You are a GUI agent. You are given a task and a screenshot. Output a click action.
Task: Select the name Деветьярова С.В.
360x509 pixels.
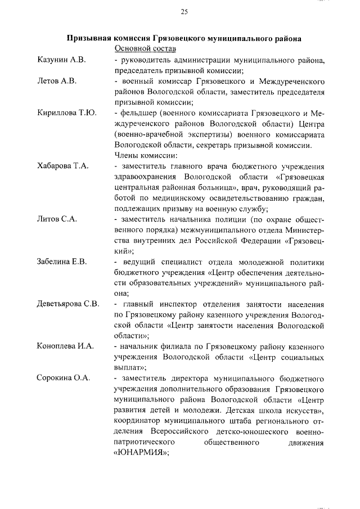pyautogui.click(x=67, y=304)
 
